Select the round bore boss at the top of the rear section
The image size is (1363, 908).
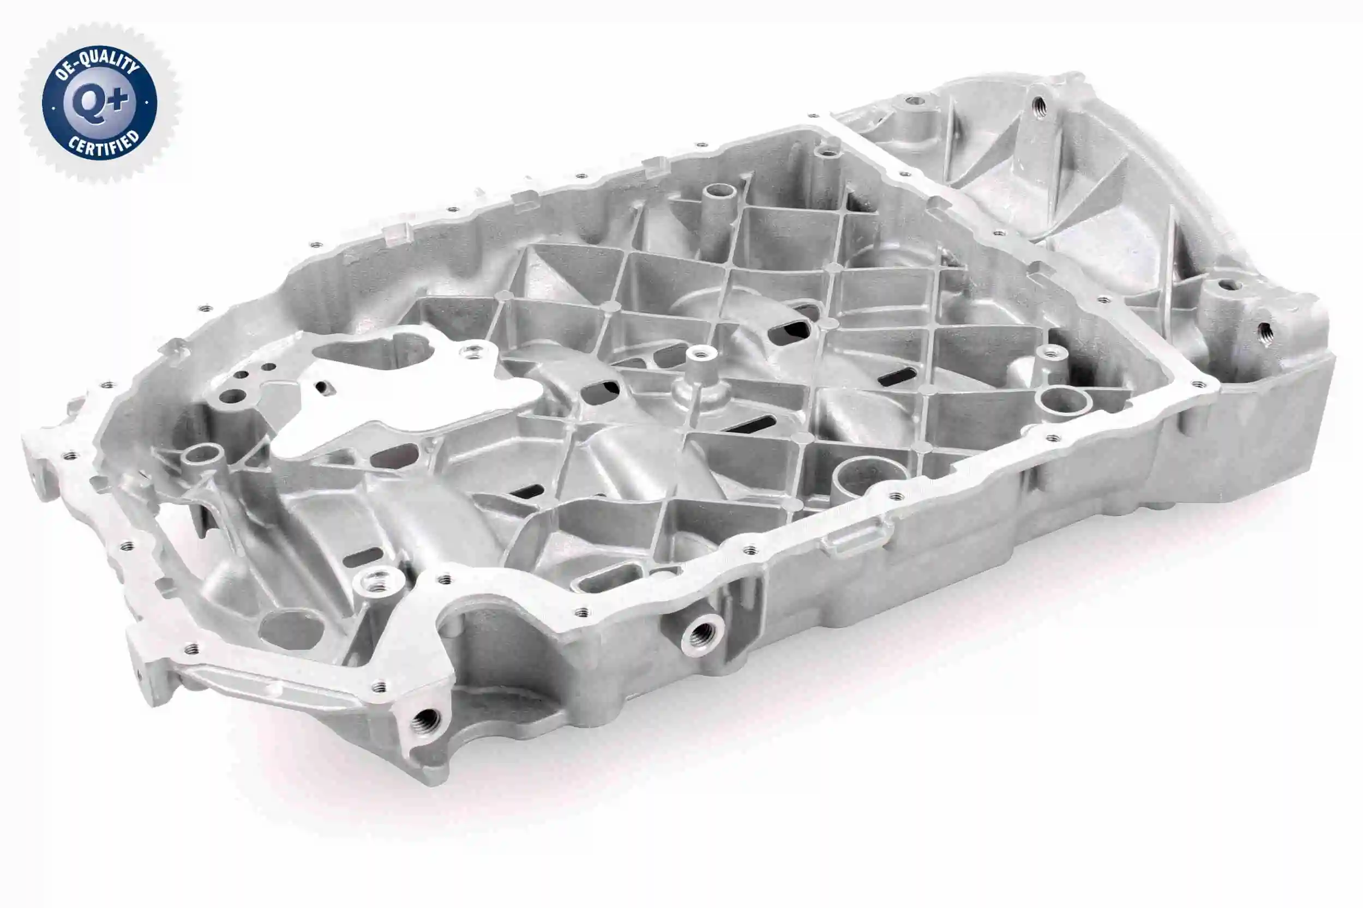[x=915, y=101]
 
